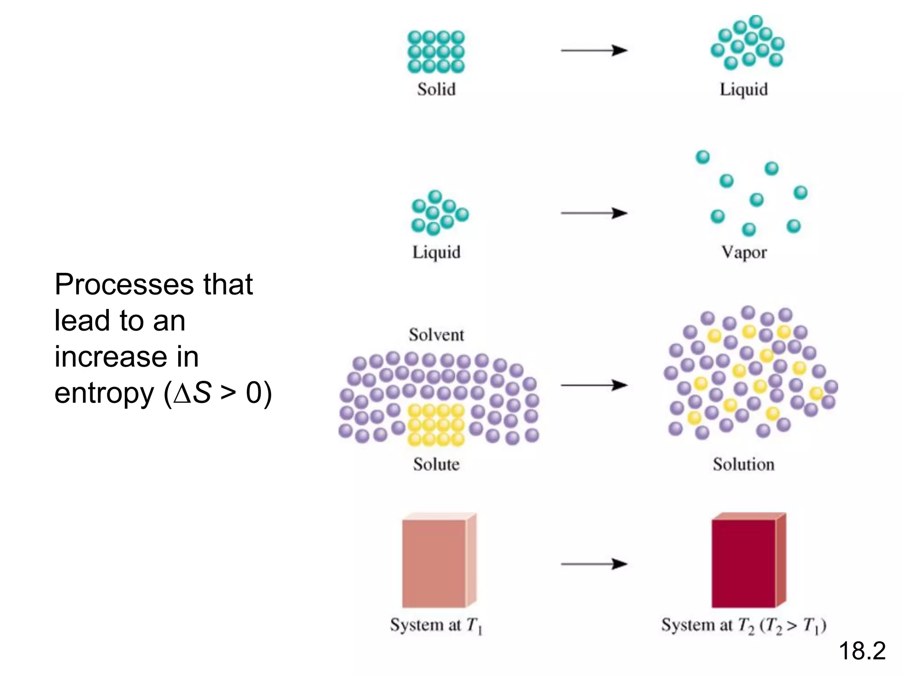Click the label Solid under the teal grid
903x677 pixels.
click(436, 89)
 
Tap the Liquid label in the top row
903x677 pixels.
click(743, 89)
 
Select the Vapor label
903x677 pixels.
click(744, 252)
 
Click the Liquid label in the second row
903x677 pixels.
click(436, 252)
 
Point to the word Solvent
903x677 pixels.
click(436, 335)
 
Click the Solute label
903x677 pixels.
click(436, 464)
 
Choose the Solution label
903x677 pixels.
click(743, 464)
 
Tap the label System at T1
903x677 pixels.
click(436, 625)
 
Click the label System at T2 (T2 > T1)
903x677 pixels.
click(743, 625)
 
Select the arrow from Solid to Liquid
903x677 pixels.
click(593, 51)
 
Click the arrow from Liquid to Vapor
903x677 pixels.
click(593, 213)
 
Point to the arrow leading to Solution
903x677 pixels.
click(593, 385)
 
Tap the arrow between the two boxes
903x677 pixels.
click(593, 564)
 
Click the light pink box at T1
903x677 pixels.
click(434, 563)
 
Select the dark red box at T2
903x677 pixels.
click(744, 563)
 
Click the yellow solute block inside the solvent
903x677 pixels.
click(436, 425)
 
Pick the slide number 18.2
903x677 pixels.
click(862, 651)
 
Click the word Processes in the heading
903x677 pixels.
click(124, 284)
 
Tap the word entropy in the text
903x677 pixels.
click(104, 393)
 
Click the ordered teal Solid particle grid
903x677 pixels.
click(436, 52)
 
